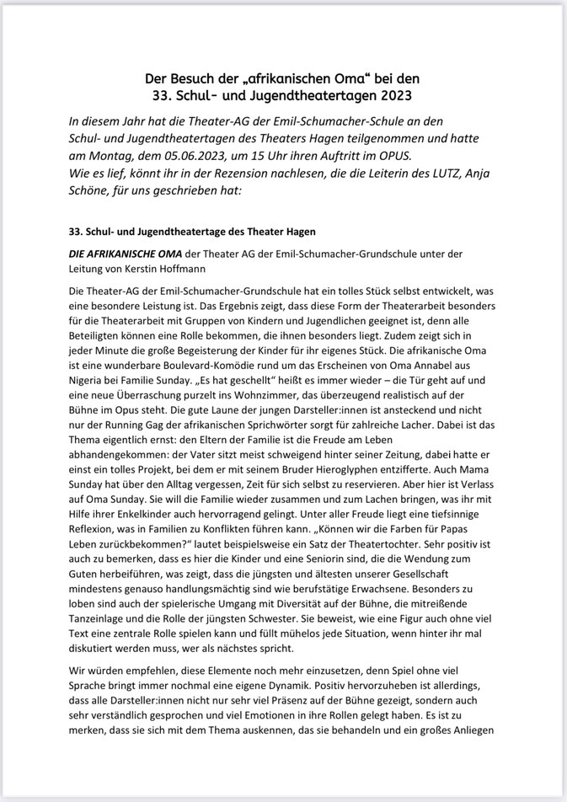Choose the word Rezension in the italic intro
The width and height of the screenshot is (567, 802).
252,174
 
